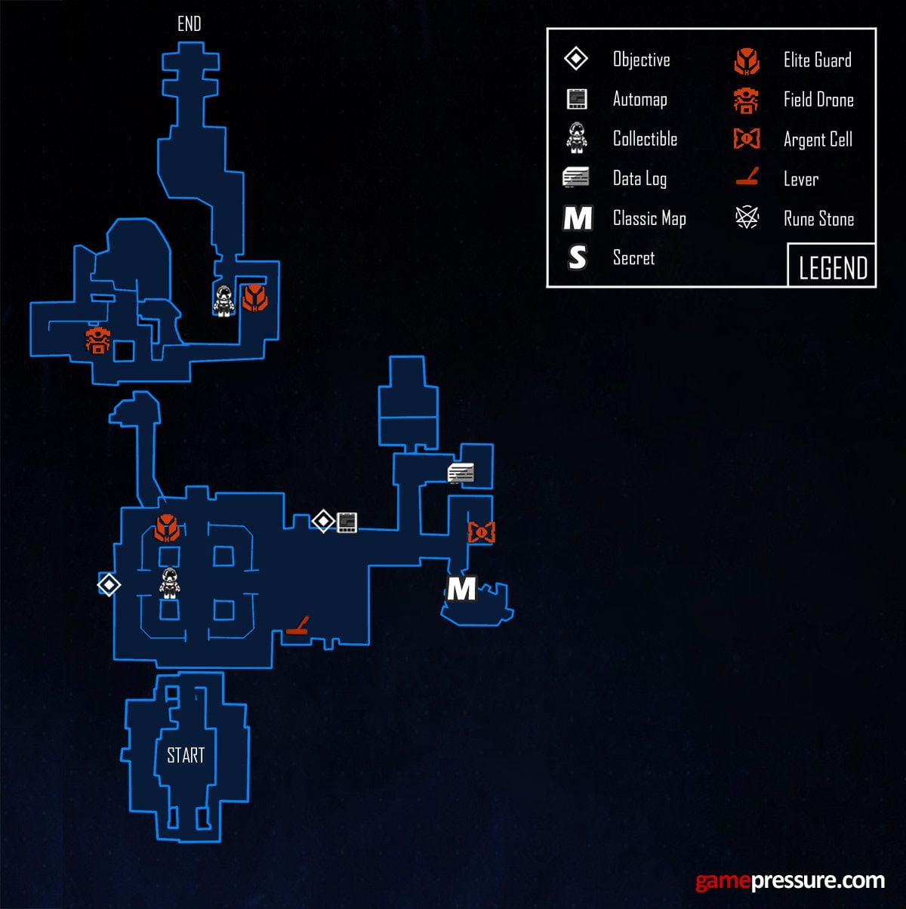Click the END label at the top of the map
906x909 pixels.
point(189,24)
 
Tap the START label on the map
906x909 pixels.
point(186,755)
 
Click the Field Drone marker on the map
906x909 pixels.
point(98,340)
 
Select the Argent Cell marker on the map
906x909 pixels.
point(481,532)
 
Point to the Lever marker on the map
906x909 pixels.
point(297,627)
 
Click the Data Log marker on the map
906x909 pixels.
point(461,473)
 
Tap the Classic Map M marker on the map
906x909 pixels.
point(461,588)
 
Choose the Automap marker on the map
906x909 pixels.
point(347,522)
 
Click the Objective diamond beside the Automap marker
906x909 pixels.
point(323,521)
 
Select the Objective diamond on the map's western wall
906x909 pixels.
point(109,584)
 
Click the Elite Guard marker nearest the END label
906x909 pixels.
point(254,297)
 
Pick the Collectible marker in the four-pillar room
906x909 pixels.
point(170,583)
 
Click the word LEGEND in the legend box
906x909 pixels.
point(833,267)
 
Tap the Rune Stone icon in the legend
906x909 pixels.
point(747,219)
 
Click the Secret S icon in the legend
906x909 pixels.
point(577,257)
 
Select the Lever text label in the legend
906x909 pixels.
point(800,179)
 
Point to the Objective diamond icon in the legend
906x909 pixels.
point(576,59)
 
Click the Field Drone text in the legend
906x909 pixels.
point(818,100)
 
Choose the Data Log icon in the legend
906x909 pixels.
point(576,178)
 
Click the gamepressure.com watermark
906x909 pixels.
point(789,880)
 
